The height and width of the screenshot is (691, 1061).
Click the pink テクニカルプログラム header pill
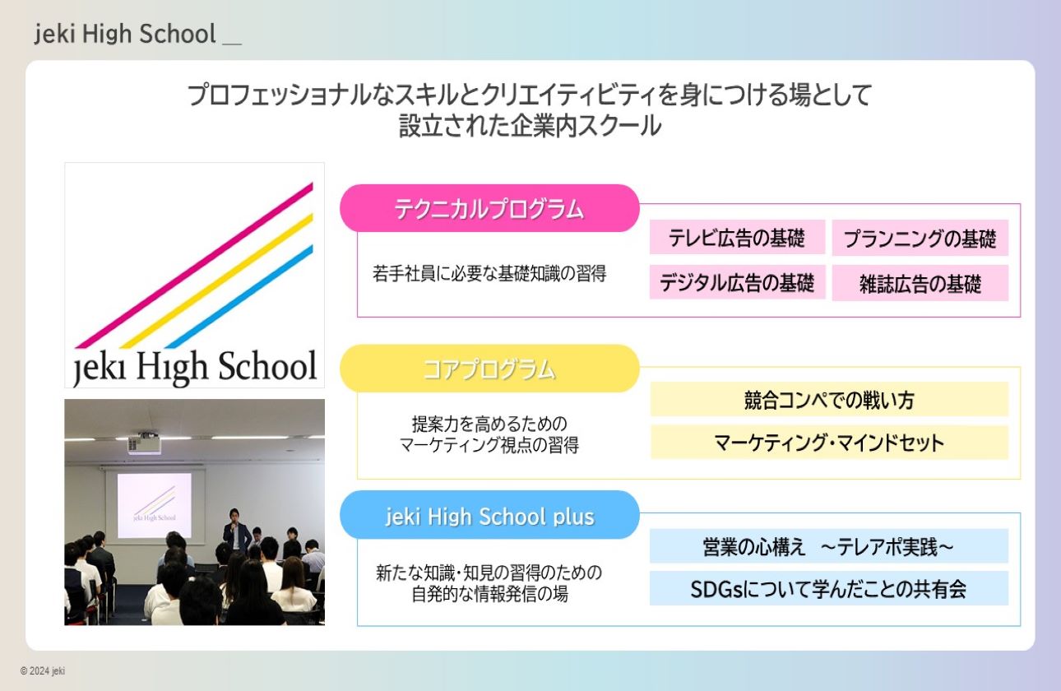coord(489,208)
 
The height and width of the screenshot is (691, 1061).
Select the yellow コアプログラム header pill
coord(489,369)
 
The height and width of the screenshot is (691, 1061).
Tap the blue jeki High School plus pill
coord(489,515)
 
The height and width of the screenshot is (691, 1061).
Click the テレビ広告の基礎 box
coord(737,237)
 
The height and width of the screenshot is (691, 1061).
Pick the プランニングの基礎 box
coord(920,238)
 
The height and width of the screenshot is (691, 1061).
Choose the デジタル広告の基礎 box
coord(737,282)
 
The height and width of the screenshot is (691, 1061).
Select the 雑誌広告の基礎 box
coord(920,283)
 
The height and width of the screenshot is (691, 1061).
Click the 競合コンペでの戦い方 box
coord(829,399)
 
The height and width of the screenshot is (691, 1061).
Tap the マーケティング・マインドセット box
coord(829,443)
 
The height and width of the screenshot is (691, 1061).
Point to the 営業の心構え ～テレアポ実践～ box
coord(829,546)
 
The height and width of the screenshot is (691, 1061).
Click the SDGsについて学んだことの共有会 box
coord(829,589)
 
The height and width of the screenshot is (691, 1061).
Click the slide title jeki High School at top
coord(125,34)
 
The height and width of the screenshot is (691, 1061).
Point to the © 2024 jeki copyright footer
coord(43,670)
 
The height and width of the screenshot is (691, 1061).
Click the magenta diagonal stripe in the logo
coord(194,265)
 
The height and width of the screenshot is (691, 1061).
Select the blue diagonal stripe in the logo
coord(239,296)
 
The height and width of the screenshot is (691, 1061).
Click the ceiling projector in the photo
coord(144,443)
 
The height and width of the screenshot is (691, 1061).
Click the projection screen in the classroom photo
coord(155,505)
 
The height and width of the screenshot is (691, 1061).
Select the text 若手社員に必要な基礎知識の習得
coord(489,274)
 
